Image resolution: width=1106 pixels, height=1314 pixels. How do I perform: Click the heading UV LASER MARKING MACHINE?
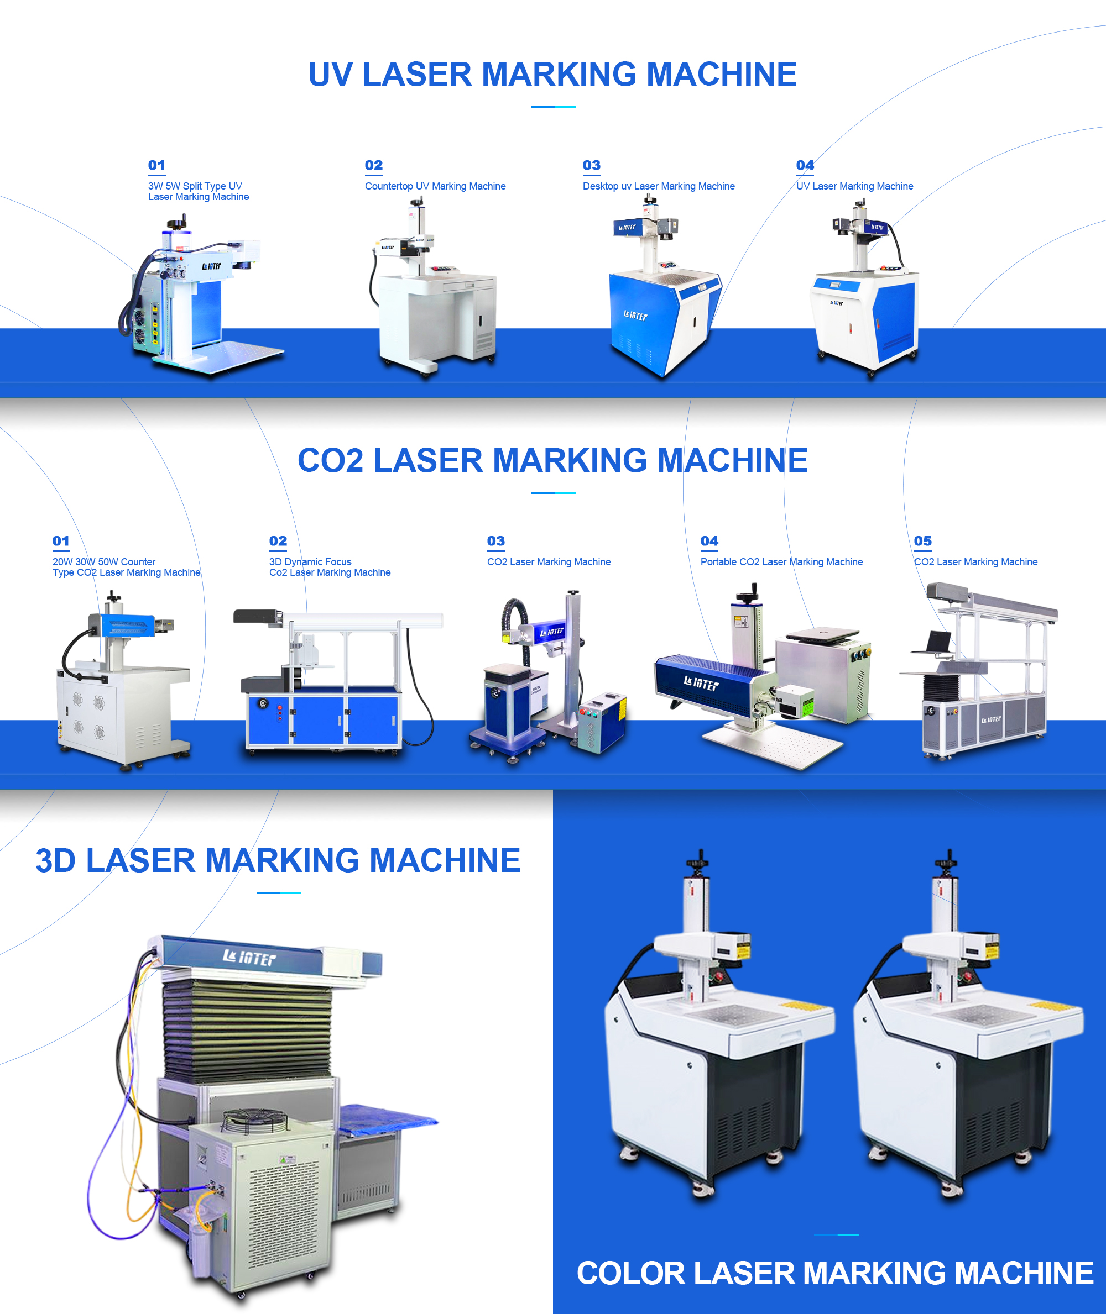552,75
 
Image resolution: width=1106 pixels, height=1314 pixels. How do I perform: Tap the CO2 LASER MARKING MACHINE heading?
552,460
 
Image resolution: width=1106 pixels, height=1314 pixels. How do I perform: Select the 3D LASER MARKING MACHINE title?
278,860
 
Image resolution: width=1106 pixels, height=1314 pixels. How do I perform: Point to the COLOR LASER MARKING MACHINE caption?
835,1273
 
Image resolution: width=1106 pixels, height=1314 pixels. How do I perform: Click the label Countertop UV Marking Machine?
435,186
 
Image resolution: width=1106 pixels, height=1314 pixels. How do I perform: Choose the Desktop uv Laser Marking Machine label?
658,186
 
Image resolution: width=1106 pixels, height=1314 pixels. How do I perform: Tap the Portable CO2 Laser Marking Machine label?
781,562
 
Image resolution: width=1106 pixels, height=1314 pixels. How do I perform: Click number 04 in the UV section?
805,165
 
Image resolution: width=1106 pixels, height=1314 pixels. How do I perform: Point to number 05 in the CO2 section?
923,541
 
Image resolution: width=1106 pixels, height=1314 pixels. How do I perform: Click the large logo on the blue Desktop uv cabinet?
635,316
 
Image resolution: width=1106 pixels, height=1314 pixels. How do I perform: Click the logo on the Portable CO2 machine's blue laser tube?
701,684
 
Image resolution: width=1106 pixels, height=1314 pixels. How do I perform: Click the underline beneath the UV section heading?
554,107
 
